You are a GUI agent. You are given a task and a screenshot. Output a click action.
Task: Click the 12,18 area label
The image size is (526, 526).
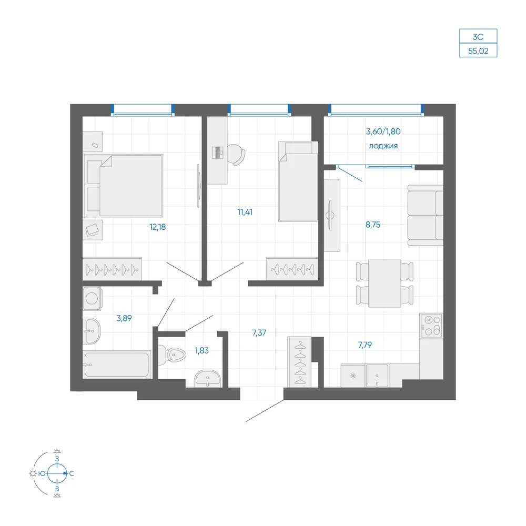pos(158,227)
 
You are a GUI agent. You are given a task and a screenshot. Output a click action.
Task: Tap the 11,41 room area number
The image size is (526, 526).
pos(245,212)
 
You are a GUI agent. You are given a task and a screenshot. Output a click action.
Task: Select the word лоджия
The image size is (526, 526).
pos(383,146)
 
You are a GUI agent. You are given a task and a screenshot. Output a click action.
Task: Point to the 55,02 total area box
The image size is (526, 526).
pos(478,51)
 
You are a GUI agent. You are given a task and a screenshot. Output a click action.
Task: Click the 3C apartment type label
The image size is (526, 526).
pos(478,37)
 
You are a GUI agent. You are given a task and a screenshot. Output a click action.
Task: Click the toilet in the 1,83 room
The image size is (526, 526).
pos(172,355)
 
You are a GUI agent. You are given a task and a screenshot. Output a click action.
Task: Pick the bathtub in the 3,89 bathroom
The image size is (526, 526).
pos(117,365)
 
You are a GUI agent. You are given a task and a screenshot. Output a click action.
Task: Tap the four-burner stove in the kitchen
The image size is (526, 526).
pos(432,326)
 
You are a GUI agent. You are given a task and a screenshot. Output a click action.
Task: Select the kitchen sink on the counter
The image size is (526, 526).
pos(377,376)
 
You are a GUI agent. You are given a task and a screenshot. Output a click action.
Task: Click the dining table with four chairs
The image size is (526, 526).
pos(385,284)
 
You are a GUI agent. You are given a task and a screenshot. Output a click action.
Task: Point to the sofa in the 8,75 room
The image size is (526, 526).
pos(426,215)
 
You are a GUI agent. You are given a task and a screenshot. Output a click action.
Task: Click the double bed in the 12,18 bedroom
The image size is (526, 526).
pos(124,186)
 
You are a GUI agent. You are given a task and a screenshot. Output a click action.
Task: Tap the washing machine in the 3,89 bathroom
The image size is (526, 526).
pos(92,298)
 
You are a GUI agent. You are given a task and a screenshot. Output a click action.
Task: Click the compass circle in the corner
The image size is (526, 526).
pos(57,473)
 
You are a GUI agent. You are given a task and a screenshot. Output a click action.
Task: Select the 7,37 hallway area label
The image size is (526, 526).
pos(259,333)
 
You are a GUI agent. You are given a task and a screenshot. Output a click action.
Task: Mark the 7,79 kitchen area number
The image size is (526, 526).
pos(365,345)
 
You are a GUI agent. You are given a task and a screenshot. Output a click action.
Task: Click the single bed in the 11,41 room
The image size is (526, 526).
pos(298,181)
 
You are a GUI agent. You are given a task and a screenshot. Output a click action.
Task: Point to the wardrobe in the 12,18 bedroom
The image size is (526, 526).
pos(112,269)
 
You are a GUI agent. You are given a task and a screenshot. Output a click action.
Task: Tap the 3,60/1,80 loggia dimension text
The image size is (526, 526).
pos(383,131)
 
